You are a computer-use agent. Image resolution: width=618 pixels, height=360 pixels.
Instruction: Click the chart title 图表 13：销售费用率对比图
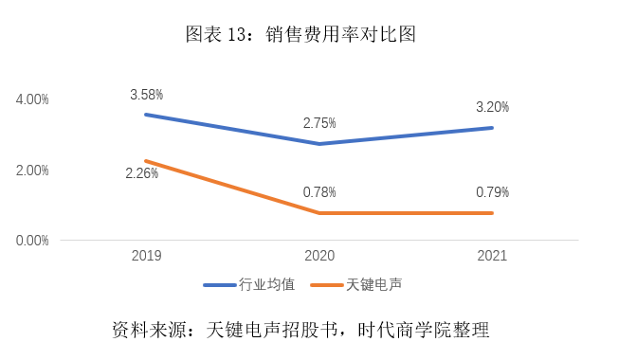pos(300,35)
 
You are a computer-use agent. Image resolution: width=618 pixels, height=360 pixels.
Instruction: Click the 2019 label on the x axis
pos(146,257)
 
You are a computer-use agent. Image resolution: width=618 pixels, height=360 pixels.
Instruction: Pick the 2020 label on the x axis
pos(319,257)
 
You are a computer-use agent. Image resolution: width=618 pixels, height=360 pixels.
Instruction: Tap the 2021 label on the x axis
pos(492,257)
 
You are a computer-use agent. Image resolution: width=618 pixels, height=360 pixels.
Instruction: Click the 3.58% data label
pos(147,95)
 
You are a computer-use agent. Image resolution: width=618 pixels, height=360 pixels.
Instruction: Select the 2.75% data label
pos(319,123)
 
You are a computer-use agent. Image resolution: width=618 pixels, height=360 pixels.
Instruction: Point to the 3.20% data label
pos(492,106)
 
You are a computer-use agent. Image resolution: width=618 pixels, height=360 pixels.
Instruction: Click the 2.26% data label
pos(142,173)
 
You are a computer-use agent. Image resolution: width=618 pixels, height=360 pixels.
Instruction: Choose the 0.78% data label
pos(319,192)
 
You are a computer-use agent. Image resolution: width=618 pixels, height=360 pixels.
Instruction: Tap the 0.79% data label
pos(492,192)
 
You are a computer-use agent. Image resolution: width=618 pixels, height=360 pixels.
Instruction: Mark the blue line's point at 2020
pos(319,144)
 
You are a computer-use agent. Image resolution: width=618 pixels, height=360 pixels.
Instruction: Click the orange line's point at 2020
pos(319,213)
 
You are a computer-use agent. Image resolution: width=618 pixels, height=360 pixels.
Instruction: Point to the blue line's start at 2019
pos(146,115)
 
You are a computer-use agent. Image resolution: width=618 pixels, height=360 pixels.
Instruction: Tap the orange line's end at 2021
pos(492,213)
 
